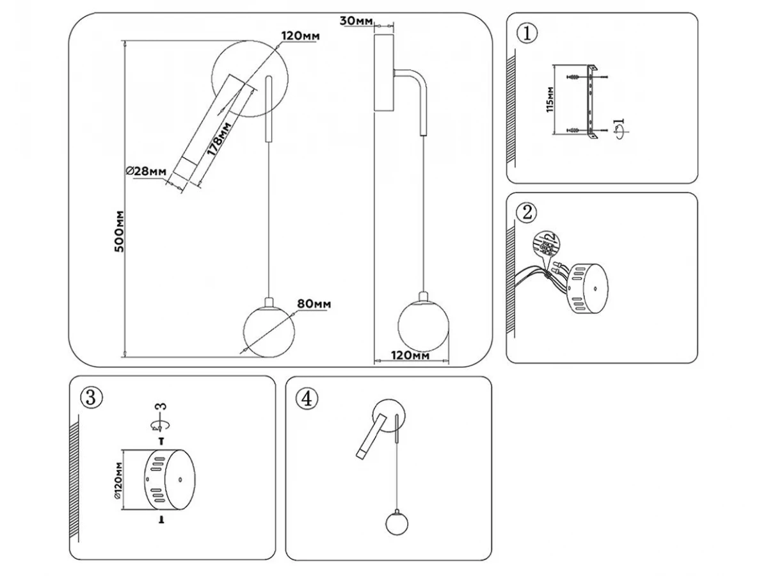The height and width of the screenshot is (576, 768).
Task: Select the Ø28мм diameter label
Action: pos(147,171)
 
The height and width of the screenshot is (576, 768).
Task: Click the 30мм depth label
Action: pos(356,21)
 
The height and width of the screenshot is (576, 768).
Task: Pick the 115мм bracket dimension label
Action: pos(550,99)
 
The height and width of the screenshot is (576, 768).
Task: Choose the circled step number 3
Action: pos(90,397)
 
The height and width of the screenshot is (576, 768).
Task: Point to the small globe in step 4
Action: pos(397,523)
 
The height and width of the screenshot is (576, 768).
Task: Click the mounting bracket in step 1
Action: pos(590,99)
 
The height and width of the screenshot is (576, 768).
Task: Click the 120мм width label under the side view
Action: pos(410,355)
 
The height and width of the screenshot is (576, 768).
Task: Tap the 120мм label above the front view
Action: pos(300,36)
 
